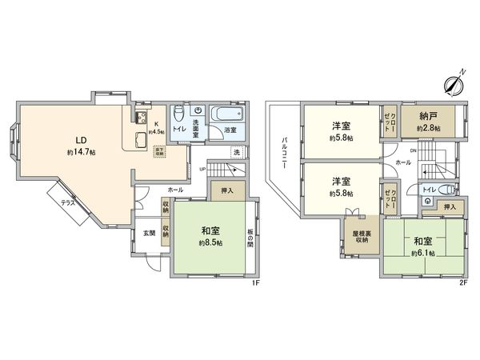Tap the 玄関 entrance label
coord(149,233)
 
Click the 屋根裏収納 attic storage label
coord(360,235)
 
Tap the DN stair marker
coord(413,150)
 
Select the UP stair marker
coord(202,170)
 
